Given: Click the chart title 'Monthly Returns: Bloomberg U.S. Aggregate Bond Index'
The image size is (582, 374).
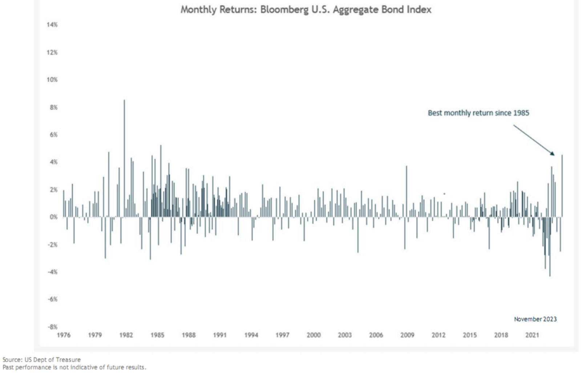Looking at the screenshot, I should pos(306,9).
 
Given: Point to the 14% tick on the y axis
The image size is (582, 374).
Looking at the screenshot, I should pos(52,25).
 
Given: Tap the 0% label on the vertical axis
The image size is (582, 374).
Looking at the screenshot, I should pos(53,217).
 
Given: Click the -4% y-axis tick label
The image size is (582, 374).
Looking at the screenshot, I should pos(52,272).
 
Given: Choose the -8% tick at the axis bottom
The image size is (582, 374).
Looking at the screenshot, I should pos(52,327).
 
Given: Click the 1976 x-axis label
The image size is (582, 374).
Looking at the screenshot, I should pos(64,335).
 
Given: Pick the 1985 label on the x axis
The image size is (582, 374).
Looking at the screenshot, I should pos(157,335).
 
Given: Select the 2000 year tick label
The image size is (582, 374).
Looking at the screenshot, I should pos(314,335).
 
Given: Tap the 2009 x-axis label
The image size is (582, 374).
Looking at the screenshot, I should pos(407,335).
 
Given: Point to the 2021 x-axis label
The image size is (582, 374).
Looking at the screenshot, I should pos(532,335).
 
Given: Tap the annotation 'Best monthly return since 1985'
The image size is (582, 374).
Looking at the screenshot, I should pos(478,113).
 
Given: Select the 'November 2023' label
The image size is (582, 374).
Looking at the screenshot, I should pos(535,319).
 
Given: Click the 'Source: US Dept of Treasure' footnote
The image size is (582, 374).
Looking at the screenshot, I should pos(41,360).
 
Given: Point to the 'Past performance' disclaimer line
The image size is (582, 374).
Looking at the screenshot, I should pos(74,367).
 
